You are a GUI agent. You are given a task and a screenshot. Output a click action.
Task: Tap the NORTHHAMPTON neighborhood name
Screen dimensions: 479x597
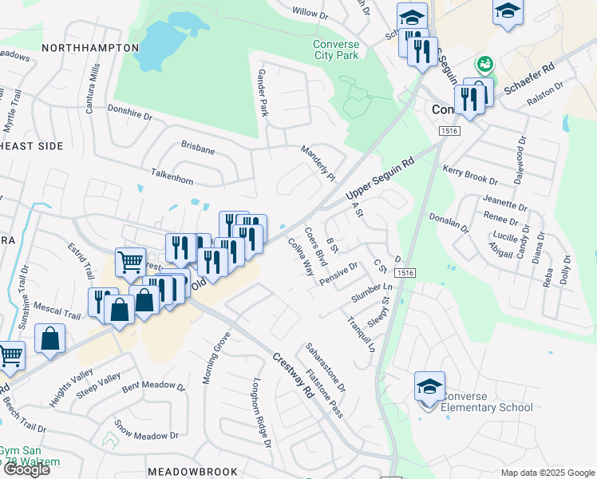click(x=90, y=48)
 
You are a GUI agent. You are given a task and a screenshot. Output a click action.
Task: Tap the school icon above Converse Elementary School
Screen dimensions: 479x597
click(x=429, y=386)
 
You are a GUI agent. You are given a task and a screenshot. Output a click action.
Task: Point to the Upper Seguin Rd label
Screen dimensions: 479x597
click(x=380, y=177)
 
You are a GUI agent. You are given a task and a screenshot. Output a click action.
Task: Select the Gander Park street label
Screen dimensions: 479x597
click(x=261, y=93)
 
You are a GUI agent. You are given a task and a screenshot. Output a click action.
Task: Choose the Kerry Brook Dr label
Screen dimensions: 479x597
click(x=470, y=176)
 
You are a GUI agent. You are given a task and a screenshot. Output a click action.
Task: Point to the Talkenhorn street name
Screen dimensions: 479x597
click(x=172, y=176)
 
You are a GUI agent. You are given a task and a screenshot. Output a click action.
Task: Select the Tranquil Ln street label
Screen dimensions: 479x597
click(x=361, y=331)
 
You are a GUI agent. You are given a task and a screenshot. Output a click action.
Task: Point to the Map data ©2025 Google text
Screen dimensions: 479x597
click(x=548, y=473)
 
